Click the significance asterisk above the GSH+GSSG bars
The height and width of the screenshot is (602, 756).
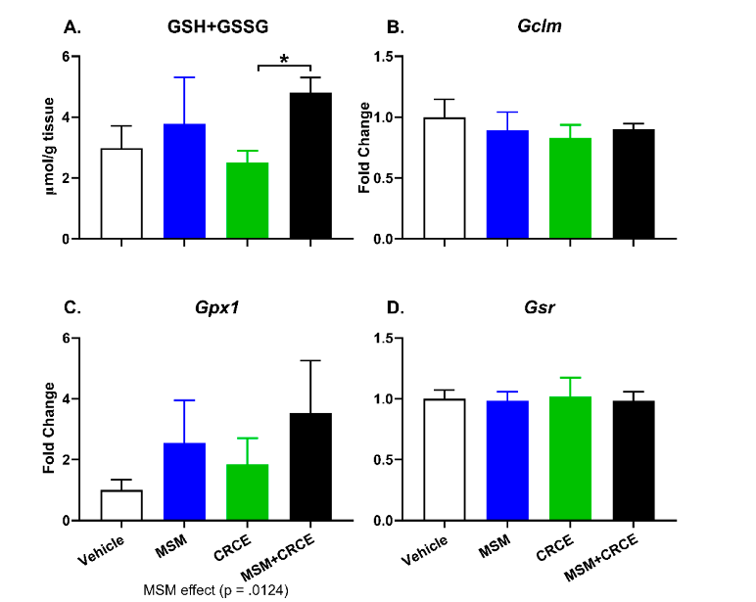pos(284,60)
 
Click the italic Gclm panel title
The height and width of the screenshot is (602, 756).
pos(538,27)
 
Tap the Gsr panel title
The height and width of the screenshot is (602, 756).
pos(538,308)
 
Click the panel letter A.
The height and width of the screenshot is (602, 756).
pos(71,27)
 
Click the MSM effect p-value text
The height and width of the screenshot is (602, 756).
pos(215,589)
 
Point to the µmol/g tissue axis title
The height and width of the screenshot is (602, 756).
pos(51,147)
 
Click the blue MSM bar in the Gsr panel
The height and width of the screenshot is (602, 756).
pos(506,460)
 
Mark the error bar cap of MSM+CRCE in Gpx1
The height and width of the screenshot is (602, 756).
pos(310,360)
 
